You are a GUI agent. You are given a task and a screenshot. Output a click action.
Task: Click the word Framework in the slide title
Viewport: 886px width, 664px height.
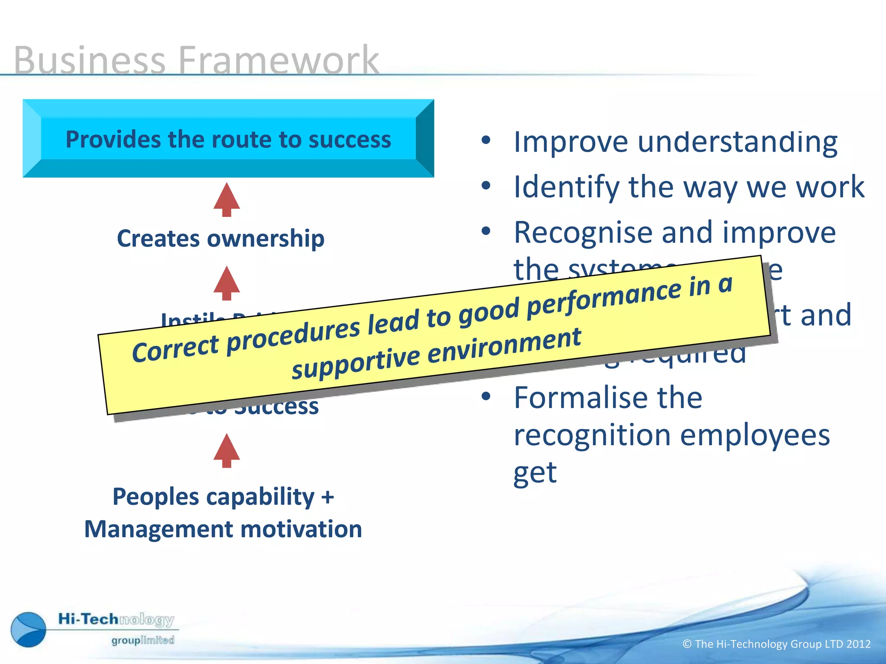(x=278, y=61)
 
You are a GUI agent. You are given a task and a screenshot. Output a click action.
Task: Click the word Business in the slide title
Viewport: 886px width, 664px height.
(x=90, y=61)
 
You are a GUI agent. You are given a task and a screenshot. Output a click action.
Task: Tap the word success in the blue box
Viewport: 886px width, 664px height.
(x=350, y=140)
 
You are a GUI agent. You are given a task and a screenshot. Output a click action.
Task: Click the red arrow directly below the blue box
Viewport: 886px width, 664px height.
(x=227, y=200)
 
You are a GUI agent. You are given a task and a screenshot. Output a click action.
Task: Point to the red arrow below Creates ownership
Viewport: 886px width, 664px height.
(x=227, y=283)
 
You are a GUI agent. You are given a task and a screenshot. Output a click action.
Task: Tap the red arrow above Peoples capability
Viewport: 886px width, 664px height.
(x=227, y=450)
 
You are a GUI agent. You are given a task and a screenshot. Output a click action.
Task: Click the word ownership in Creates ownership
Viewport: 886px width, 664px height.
(x=266, y=239)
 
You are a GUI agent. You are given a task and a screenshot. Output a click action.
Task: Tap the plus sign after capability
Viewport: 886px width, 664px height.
(x=327, y=497)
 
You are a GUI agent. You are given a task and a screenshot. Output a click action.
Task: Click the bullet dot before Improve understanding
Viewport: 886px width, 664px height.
(x=486, y=140)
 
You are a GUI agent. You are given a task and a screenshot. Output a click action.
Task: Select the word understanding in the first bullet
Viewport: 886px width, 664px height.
(x=737, y=142)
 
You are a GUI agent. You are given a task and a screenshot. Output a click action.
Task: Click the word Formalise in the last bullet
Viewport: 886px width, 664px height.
(x=608, y=398)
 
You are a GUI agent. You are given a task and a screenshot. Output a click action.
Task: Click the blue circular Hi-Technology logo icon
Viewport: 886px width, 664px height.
(x=29, y=629)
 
